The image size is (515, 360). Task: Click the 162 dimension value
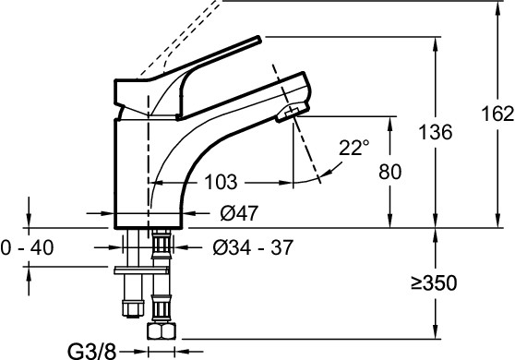[x=497, y=114]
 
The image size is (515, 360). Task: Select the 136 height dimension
[x=436, y=132]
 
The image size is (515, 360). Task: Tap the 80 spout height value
[x=389, y=172]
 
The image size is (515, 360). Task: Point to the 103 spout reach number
[x=221, y=182]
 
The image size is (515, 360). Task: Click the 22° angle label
[x=353, y=148]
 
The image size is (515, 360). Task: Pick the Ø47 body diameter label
[x=239, y=213]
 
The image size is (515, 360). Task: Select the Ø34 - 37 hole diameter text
[x=253, y=247]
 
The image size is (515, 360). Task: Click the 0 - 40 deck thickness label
[x=27, y=247]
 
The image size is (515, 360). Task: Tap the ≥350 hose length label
[x=434, y=282]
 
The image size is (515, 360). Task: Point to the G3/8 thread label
[x=92, y=352]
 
